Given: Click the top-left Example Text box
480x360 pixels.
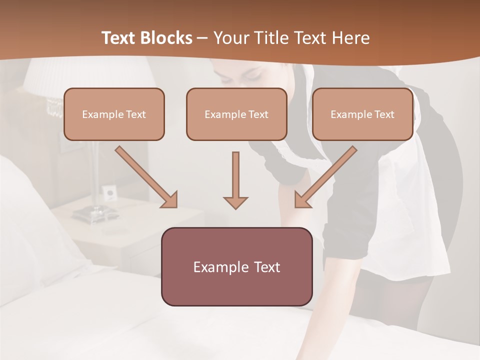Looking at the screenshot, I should click(x=114, y=114).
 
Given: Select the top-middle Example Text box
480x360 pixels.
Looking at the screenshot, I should click(x=236, y=114).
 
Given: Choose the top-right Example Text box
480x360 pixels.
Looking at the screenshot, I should click(x=362, y=114).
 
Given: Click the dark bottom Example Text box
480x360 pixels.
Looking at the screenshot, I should click(x=236, y=267).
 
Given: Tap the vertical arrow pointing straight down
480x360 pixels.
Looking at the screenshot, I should click(x=235, y=180).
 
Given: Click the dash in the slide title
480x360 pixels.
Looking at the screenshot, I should click(x=202, y=38).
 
